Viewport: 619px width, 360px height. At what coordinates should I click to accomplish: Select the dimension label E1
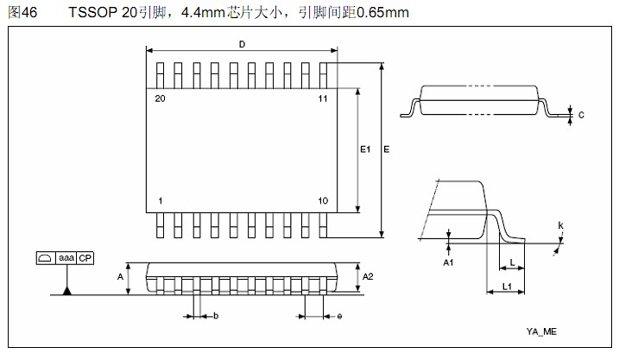click(365, 149)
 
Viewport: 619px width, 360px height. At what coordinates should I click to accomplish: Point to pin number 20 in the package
click(160, 98)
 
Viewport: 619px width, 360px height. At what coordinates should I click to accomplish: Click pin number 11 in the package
click(322, 98)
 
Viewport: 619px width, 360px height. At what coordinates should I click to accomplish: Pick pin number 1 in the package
click(161, 201)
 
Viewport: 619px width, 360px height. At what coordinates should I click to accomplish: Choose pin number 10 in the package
click(322, 201)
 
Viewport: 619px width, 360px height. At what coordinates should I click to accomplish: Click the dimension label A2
click(368, 276)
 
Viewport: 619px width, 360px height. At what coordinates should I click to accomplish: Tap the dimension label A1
click(448, 262)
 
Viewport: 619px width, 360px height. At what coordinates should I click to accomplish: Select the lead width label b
click(216, 317)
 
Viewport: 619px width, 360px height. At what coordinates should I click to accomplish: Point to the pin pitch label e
click(339, 317)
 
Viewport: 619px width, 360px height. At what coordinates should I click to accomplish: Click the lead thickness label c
click(581, 114)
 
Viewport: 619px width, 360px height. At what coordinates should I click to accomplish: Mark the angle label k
click(560, 226)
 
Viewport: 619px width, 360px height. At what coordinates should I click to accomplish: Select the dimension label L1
click(509, 286)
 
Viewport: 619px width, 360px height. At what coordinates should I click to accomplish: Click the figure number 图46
click(21, 12)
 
